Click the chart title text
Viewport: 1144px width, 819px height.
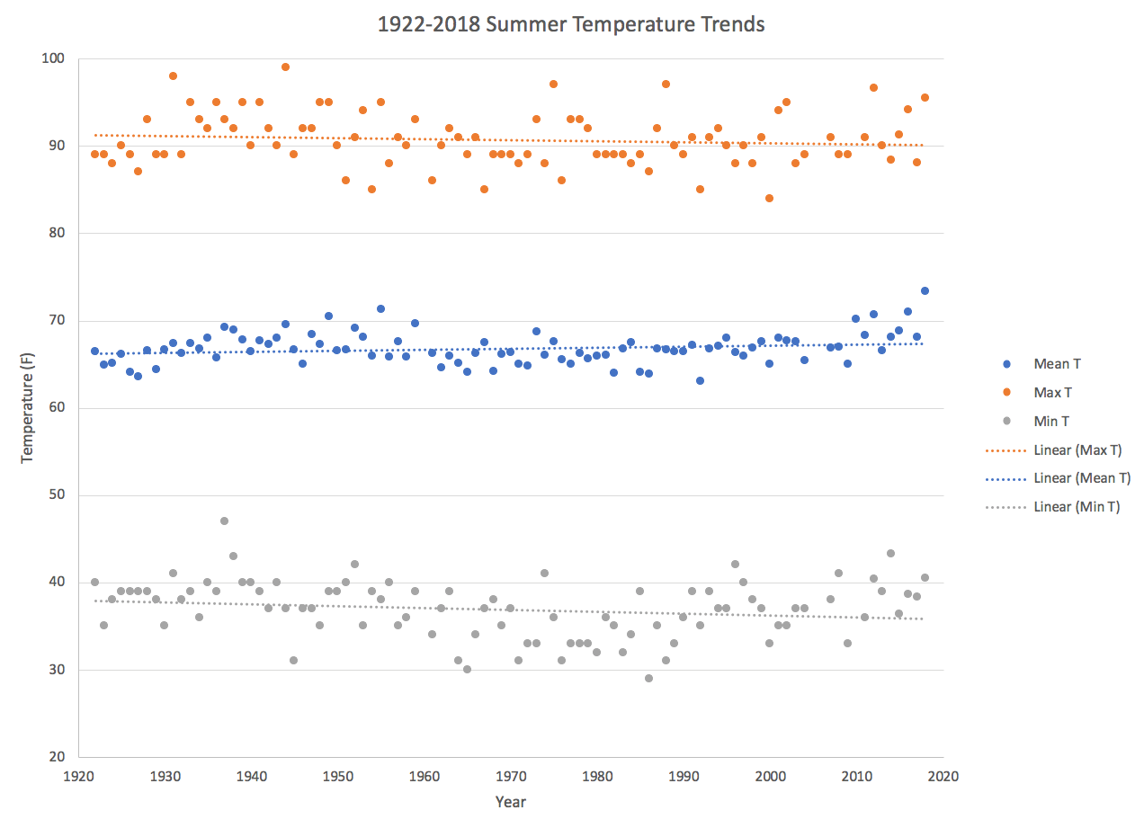pyautogui.click(x=572, y=24)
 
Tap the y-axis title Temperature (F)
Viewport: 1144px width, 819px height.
pyautogui.click(x=27, y=407)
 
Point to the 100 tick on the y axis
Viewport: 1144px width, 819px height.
pyautogui.click(x=66, y=59)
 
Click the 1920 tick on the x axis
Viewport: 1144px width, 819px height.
pyautogui.click(x=78, y=775)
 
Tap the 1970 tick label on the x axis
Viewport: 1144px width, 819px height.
pyautogui.click(x=511, y=775)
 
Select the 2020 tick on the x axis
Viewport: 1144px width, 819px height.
pyautogui.click(x=943, y=775)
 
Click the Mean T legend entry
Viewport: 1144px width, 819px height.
pyautogui.click(x=1058, y=364)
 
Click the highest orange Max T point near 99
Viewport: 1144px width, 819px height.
pyautogui.click(x=285, y=67)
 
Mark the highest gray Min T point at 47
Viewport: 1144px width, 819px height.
pyautogui.click(x=224, y=521)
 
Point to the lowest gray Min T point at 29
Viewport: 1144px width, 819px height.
pyautogui.click(x=648, y=678)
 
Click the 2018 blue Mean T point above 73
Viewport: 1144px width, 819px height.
pyautogui.click(x=925, y=290)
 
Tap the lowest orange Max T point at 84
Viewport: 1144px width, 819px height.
pyautogui.click(x=769, y=198)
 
